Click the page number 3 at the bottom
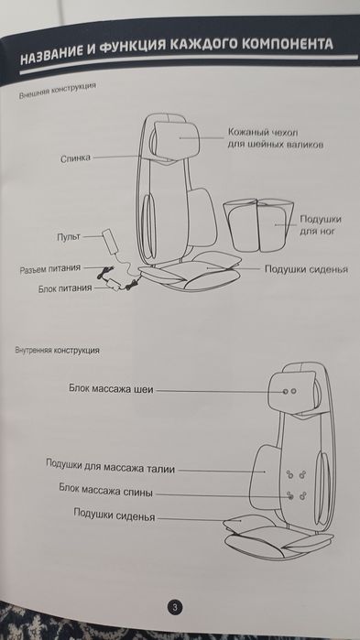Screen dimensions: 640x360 pyautogui.click(x=175, y=605)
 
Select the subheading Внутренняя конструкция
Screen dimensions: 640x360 pyautogui.click(x=58, y=351)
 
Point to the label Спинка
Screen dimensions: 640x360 pyautogui.click(x=75, y=157)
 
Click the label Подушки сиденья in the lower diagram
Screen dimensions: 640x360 pyautogui.click(x=114, y=515)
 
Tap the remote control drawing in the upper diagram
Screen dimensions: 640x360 pyautogui.click(x=114, y=241)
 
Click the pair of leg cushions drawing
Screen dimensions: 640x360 pyautogui.click(x=257, y=223)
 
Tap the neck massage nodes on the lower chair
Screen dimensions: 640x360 pyautogui.click(x=289, y=391)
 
